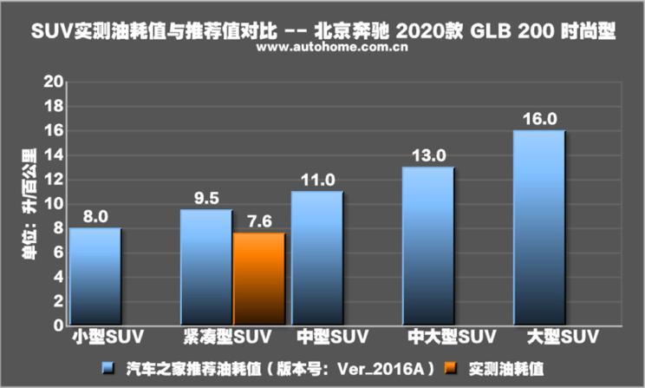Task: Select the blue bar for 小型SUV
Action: [x=95, y=278]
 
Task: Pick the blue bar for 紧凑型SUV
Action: [x=206, y=268]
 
